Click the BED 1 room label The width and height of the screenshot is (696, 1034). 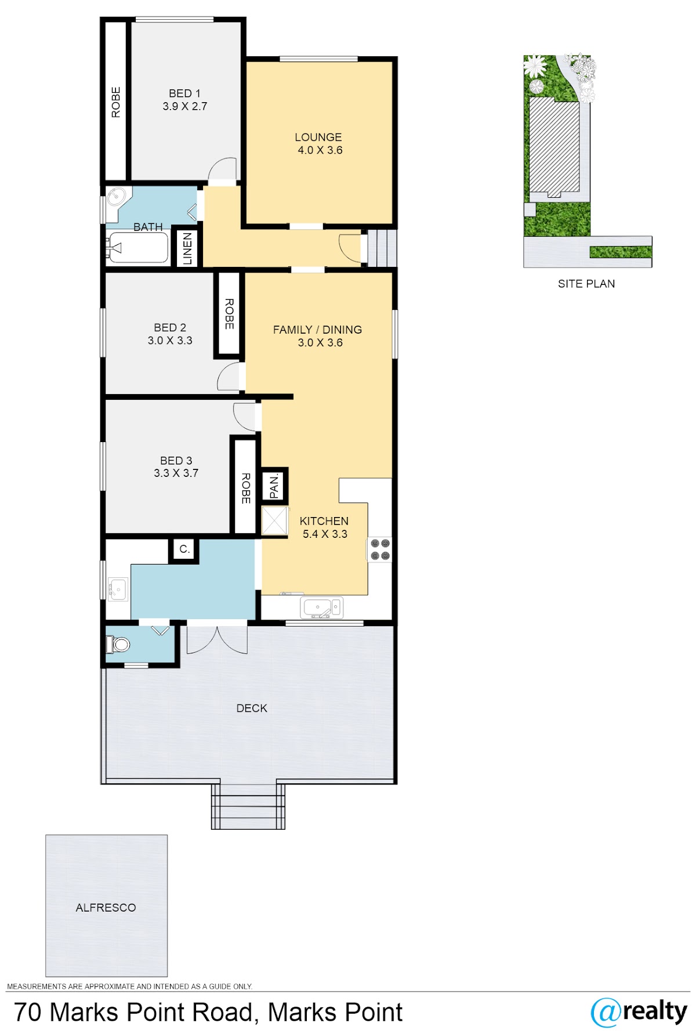pos(184,93)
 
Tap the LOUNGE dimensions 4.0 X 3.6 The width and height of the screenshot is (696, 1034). pos(320,150)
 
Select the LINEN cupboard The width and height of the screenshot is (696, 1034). pos(187,248)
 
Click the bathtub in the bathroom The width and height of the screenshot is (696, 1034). pos(137,248)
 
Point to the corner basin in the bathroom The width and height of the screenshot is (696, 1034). pos(118,201)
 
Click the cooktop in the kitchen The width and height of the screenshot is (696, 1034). pos(380,549)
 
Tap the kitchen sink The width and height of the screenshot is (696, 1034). pos(321,607)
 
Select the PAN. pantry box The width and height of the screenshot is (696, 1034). pos(274,486)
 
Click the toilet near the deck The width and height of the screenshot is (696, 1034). pos(118,644)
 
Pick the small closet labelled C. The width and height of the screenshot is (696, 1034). pos(184,549)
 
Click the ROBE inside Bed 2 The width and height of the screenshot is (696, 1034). pos(229,314)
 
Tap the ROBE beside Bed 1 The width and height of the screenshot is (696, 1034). pos(115,102)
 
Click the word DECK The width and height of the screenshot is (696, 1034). pos(252,708)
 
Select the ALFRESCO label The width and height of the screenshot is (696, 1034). pos(106,908)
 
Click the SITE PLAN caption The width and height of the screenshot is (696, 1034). pos(586,284)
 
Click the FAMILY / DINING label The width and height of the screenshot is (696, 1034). pos(317,330)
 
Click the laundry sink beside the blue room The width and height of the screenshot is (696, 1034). pos(118,590)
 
